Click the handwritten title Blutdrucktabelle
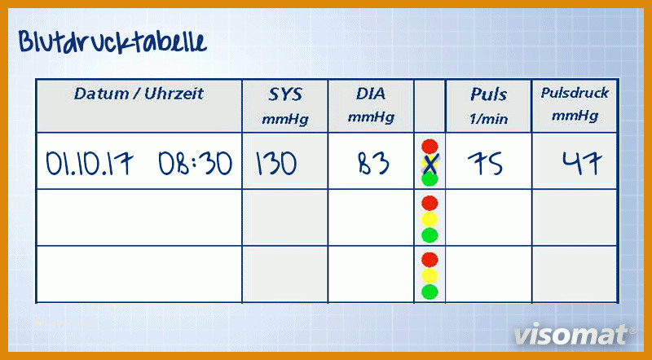[x=112, y=42]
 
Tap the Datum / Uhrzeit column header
[x=139, y=94]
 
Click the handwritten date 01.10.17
[x=90, y=164]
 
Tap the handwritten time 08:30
[x=195, y=164]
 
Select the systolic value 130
[x=276, y=164]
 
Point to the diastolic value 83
[x=373, y=164]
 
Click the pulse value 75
[x=485, y=164]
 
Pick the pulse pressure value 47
[x=582, y=163]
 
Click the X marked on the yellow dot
[x=430, y=164]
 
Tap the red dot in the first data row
[x=430, y=147]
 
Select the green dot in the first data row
[x=430, y=179]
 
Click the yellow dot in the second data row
[x=430, y=219]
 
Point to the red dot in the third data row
[x=430, y=259]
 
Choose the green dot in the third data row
[x=430, y=292]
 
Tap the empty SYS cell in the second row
[x=284, y=217]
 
